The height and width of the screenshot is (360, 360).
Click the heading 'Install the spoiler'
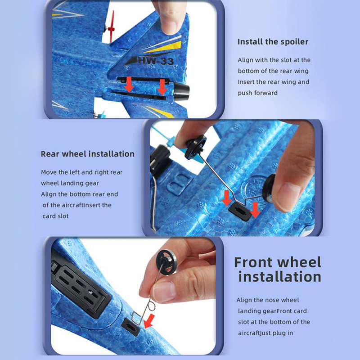pos(273,42)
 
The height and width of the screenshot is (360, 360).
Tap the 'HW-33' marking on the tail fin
pos(156,60)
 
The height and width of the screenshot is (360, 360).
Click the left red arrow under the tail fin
pos(129,84)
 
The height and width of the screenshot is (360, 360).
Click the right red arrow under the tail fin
pos(162,87)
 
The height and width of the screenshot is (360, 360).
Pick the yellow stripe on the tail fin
pos(166,47)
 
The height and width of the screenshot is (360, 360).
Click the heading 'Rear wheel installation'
pos(87,154)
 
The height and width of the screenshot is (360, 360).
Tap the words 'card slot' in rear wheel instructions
pos(55,216)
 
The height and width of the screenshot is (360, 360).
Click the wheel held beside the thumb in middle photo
pos(269,188)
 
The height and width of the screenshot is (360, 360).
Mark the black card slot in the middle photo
pos(240,211)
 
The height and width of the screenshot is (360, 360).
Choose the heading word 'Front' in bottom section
pos(254,262)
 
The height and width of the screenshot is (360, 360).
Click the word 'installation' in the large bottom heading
pos(279,277)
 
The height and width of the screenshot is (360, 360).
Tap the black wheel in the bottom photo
pos(166,262)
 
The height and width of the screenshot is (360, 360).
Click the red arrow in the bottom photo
pos(149,321)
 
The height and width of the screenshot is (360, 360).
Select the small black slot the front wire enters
pos(130,327)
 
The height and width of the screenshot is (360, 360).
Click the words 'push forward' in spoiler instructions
pos(257,93)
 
